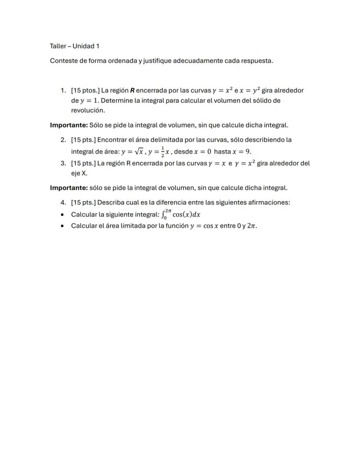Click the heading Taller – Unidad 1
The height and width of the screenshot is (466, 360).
tap(74, 46)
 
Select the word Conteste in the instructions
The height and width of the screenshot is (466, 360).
tap(63, 60)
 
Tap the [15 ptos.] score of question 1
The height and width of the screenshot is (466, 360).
tap(85, 91)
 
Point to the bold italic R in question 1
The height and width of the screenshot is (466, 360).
tap(132, 91)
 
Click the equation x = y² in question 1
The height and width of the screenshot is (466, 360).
tap(245, 90)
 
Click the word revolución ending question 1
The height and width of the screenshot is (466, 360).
tap(88, 110)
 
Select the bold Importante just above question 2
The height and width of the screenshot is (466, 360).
tap(69, 125)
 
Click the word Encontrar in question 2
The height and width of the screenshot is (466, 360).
tap(114, 140)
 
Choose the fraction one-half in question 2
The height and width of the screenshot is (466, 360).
tap(163, 151)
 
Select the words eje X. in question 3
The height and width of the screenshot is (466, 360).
tap(79, 173)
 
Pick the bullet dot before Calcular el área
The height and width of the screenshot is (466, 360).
tap(63, 226)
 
